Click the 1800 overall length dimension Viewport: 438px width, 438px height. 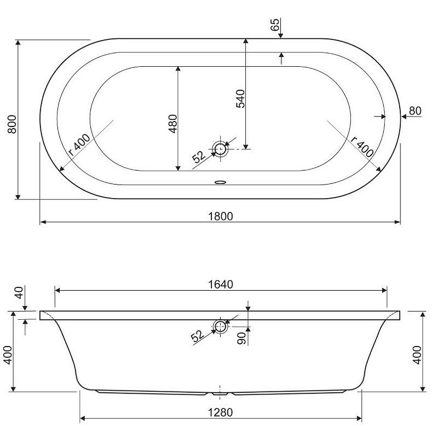pyautogui.click(x=221, y=216)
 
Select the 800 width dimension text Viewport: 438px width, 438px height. pyautogui.click(x=12, y=124)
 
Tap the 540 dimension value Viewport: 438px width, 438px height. pyautogui.click(x=240, y=99)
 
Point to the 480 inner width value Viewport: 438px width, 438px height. pyautogui.click(x=173, y=124)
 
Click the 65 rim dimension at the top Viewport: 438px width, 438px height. pyautogui.click(x=275, y=25)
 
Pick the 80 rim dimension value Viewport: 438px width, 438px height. pyautogui.click(x=415, y=111)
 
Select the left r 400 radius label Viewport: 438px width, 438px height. pyautogui.click(x=79, y=145)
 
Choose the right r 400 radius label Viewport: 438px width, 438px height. pyautogui.click(x=362, y=147)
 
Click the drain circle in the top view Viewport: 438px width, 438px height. pyautogui.click(x=220, y=148)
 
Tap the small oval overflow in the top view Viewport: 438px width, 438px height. pyautogui.click(x=221, y=182)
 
